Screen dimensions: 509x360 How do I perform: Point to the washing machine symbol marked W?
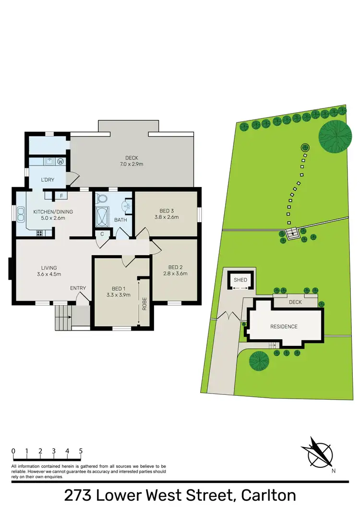click(x=60, y=161)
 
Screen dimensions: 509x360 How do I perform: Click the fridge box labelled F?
click(x=61, y=196)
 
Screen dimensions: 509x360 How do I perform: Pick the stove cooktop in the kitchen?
click(x=39, y=233)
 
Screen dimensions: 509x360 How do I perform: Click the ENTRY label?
click(x=78, y=288)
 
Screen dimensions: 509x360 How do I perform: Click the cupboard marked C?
click(x=102, y=234)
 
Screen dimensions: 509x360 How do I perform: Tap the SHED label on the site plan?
click(x=240, y=280)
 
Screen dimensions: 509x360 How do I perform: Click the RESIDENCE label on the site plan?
click(x=283, y=327)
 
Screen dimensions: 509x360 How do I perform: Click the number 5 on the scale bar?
click(x=81, y=451)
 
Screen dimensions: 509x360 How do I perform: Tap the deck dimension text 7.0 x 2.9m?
click(x=132, y=164)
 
